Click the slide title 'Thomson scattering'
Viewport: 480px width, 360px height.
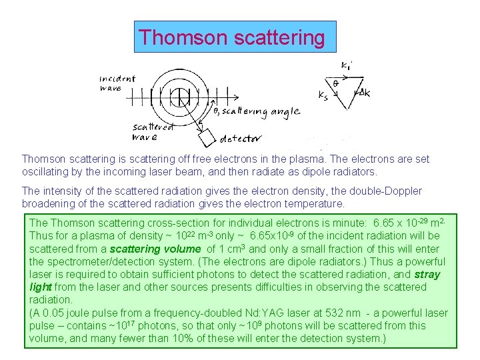pos(231,37)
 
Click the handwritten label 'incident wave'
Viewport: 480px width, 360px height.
pos(117,83)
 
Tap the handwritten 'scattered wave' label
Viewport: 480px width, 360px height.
pos(151,132)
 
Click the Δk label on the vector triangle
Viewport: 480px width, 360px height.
pos(363,93)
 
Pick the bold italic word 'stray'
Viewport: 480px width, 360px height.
pos(427,274)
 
